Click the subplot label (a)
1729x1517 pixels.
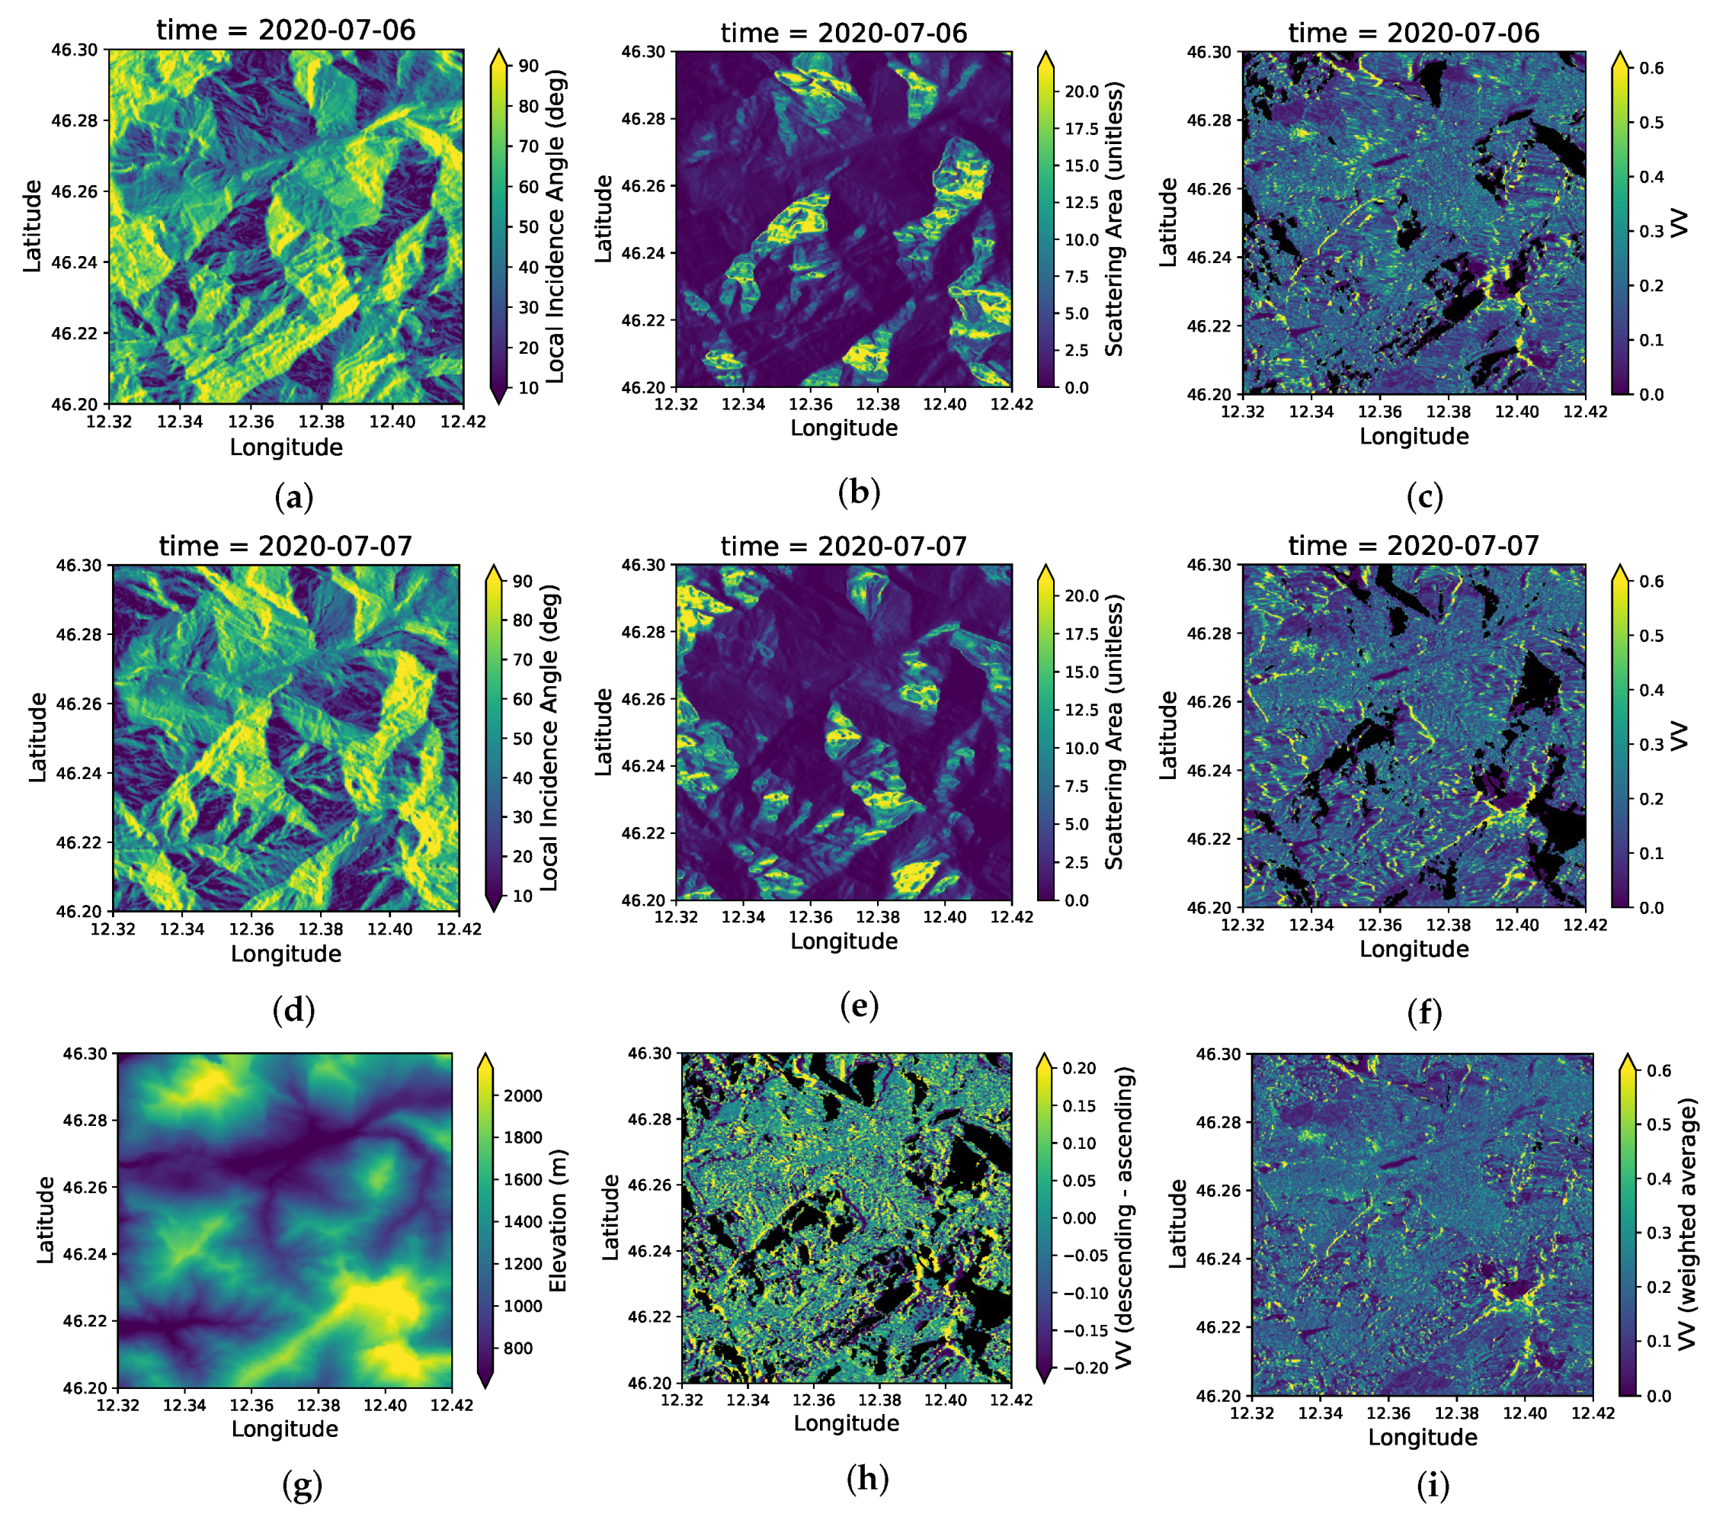click(293, 498)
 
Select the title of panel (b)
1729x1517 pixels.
click(844, 33)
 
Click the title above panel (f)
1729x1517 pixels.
click(1413, 546)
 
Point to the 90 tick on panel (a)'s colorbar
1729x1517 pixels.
click(528, 66)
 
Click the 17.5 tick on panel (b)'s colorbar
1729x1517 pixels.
click(1081, 129)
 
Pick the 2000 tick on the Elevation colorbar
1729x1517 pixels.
click(523, 1095)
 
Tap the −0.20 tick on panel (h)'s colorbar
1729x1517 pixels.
click(1084, 1368)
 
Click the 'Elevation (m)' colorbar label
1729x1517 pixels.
click(558, 1221)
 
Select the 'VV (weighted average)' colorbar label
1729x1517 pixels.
click(1686, 1224)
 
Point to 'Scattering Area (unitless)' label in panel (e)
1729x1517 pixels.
click(1114, 732)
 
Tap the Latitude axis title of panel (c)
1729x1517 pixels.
click(1167, 223)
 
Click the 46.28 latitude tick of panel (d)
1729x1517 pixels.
click(78, 634)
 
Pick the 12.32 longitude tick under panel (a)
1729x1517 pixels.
click(109, 422)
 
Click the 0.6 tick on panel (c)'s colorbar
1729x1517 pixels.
click(1651, 69)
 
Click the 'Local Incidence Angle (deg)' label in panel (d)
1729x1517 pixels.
click(549, 737)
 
